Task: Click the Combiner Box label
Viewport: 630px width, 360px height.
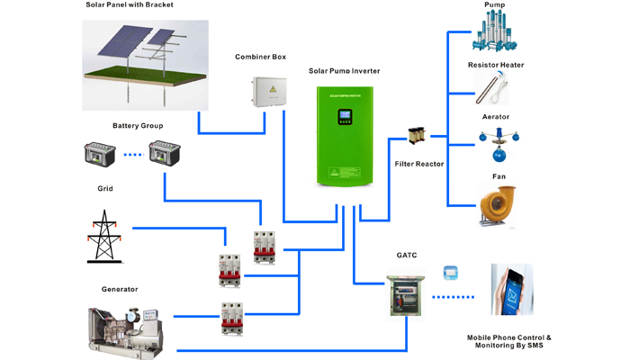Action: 260,57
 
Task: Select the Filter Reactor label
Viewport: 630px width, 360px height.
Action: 418,164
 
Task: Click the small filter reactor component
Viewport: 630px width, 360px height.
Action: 418,136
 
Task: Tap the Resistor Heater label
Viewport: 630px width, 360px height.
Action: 496,65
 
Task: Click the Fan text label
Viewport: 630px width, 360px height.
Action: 498,176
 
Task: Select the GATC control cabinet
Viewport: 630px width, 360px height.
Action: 402,292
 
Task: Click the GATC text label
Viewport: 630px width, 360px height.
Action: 407,255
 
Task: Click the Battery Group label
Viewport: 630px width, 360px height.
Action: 137,125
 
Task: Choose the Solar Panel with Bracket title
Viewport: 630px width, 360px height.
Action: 128,5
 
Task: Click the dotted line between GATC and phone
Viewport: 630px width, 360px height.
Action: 455,295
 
